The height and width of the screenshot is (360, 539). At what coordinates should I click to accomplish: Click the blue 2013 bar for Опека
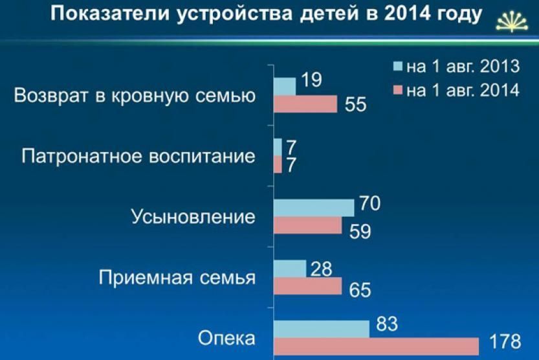pos(322,329)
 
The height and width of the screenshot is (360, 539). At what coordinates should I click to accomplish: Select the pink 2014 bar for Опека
pos(377,346)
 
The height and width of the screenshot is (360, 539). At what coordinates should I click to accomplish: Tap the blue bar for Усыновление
pos(314,208)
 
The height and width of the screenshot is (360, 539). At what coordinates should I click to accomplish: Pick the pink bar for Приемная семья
pos(308,286)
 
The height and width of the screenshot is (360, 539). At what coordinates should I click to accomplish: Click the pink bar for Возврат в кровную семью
pos(305,104)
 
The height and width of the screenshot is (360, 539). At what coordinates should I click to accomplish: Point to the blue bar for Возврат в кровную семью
pos(285,87)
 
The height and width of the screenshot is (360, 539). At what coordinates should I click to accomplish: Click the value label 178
pos(505,341)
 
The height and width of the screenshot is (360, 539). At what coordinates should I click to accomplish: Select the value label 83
pos(387,324)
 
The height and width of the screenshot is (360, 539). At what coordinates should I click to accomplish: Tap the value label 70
pos(370,203)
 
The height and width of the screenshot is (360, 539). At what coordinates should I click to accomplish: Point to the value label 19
pos(311,80)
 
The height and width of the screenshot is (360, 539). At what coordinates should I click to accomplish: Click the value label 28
pos(322,269)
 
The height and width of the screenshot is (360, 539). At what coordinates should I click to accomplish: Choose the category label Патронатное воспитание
pos(138,156)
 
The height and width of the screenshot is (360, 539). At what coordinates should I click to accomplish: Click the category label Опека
pos(226,339)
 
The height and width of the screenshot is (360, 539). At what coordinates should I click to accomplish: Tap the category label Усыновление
pos(193,217)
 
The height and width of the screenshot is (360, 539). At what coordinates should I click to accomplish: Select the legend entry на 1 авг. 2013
pos(457,65)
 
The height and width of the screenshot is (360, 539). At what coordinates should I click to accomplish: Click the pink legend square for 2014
pos(398,90)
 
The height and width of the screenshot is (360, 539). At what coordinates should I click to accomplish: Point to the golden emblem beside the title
pos(511,21)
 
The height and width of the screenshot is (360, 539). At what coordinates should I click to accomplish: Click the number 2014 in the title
pos(406,14)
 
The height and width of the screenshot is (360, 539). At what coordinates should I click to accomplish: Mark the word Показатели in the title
pos(110,14)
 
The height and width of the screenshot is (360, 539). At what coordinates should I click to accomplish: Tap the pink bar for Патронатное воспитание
pos(278,164)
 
